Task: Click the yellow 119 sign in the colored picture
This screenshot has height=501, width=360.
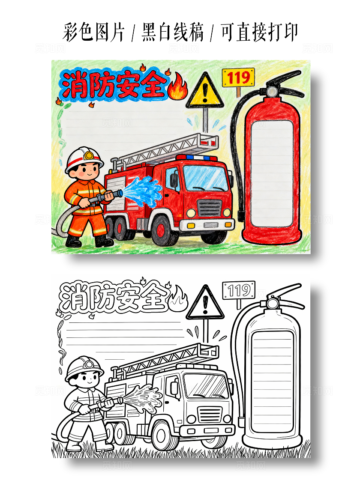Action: pyautogui.click(x=238, y=78)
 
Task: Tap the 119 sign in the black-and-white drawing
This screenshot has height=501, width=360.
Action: pyautogui.click(x=239, y=291)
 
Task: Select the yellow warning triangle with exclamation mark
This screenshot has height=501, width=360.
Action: pyautogui.click(x=205, y=92)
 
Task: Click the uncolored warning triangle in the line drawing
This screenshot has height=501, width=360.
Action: pyautogui.click(x=205, y=304)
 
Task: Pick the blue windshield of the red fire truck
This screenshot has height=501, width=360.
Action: pyautogui.click(x=205, y=178)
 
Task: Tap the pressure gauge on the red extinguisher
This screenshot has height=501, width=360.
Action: pyautogui.click(x=272, y=91)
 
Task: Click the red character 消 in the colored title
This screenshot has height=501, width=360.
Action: pyautogui.click(x=74, y=85)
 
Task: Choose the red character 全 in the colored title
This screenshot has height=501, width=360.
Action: pyautogui.click(x=152, y=84)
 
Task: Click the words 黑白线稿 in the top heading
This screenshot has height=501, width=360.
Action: pyautogui.click(x=173, y=33)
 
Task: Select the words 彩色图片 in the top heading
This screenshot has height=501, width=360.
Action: pyautogui.click(x=94, y=33)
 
